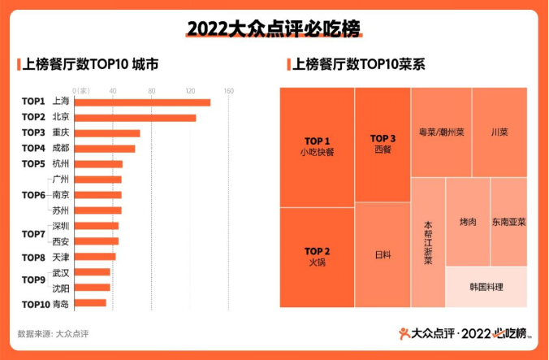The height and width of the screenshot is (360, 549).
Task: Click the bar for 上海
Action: (142, 102)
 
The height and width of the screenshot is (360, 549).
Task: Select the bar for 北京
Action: (135, 117)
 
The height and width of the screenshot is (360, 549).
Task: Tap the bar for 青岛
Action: (90, 304)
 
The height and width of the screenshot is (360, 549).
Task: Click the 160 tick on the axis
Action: (229, 90)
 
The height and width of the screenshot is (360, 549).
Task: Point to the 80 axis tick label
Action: (152, 90)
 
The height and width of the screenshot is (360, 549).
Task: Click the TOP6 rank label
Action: (33, 195)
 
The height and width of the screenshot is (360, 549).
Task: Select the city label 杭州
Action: (61, 163)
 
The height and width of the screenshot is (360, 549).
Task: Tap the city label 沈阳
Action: (61, 288)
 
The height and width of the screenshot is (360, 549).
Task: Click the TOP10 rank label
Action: (35, 304)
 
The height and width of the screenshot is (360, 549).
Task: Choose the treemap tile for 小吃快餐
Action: (317, 147)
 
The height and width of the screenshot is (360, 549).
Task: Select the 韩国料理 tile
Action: (486, 287)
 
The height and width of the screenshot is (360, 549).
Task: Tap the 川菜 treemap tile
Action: (499, 132)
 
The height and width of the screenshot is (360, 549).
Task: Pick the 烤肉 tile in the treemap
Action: (467, 222)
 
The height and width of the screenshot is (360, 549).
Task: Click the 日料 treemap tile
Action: (383, 254)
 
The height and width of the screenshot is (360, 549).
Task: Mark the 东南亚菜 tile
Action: (508, 222)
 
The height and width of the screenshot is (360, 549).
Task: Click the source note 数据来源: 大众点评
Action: (53, 333)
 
